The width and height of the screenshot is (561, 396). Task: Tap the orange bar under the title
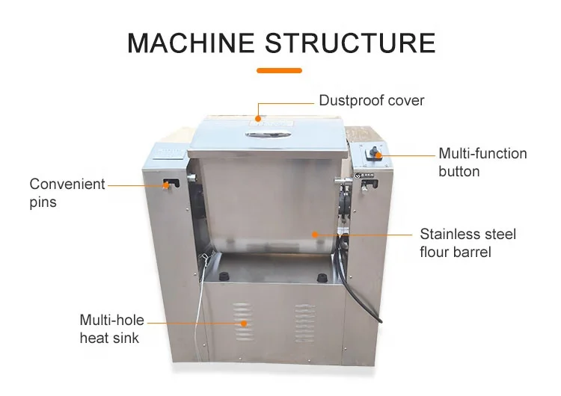coord(279,71)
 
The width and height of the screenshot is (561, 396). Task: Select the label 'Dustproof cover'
coord(371,100)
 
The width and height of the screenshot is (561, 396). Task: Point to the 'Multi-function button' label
coord(482,162)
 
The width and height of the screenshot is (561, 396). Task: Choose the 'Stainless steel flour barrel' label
coord(467,243)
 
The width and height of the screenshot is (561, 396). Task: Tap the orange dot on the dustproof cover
coord(258,117)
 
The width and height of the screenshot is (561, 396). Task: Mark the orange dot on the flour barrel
coord(314,235)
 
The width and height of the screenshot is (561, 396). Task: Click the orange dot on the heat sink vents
coord(243,324)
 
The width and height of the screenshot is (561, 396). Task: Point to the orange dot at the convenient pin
coord(165,183)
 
